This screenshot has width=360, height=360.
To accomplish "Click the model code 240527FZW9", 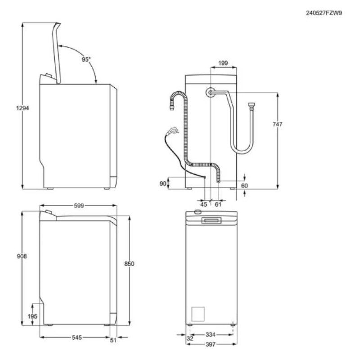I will click(x=324, y=13).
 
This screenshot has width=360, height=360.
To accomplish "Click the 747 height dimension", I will click(x=278, y=125).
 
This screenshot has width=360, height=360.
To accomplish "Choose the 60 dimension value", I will click(x=245, y=185).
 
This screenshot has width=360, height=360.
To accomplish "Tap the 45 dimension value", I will click(x=204, y=205).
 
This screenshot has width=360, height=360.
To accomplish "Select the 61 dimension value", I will click(x=218, y=205).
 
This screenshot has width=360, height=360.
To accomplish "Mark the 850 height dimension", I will click(x=129, y=263).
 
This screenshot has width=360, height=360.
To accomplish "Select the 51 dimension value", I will click(x=113, y=340).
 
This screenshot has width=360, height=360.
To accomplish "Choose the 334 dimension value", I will click(x=210, y=334).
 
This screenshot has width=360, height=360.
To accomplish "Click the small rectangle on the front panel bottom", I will click(x=198, y=313).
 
